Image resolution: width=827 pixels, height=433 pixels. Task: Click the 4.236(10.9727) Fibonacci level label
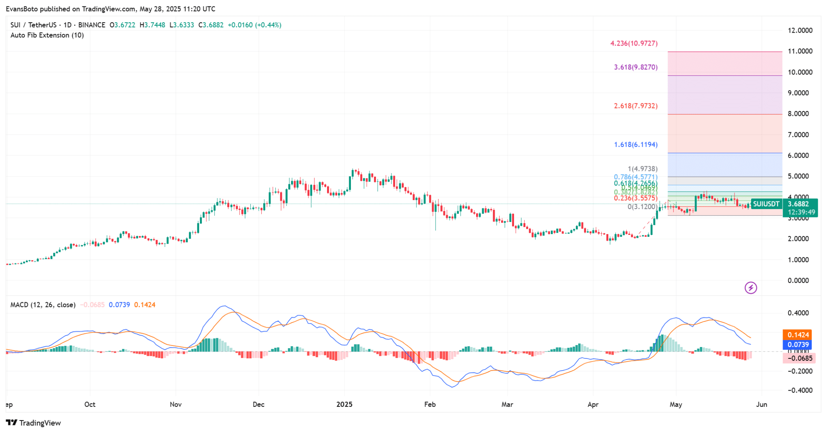[x=634, y=43]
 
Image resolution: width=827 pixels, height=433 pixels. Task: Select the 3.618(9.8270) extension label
[x=636, y=67]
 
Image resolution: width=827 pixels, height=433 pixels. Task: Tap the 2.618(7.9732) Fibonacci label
[x=636, y=106]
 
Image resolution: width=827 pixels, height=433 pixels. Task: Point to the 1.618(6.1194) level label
[x=636, y=144]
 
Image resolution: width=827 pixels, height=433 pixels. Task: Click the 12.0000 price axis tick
[x=800, y=30]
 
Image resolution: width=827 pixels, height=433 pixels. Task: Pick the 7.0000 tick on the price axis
[x=798, y=134]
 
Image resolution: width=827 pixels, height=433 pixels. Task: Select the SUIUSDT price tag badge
[x=766, y=204]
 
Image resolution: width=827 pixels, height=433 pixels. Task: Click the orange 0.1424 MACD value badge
[x=798, y=335]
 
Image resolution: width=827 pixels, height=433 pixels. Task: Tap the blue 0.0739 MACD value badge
[x=798, y=345]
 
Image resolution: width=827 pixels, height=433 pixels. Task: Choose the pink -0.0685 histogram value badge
[x=799, y=358]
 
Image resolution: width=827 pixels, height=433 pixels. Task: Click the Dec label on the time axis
[x=258, y=404]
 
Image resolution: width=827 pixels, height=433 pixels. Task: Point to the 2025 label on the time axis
[x=344, y=404]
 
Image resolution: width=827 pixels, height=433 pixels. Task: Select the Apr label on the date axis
[x=593, y=404]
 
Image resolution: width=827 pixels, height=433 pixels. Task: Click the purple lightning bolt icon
[x=751, y=288]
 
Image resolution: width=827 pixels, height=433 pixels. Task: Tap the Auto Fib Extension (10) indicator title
[x=47, y=35]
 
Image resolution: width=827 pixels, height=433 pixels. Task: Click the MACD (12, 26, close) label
[x=43, y=305]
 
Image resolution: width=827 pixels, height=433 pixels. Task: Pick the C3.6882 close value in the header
[x=211, y=25]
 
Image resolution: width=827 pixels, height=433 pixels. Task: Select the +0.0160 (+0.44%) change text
[x=254, y=25]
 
